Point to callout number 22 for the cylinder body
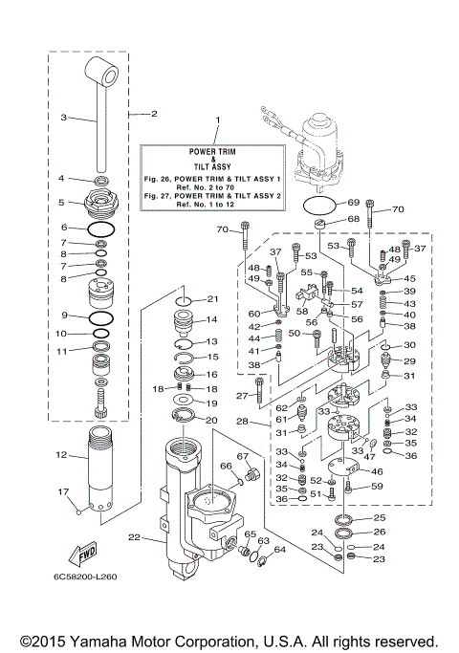point(134,538)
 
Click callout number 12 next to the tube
point(61,454)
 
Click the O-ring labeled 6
point(103,229)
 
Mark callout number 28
point(243,422)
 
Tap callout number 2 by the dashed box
point(153,114)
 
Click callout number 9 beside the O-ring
point(62,315)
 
